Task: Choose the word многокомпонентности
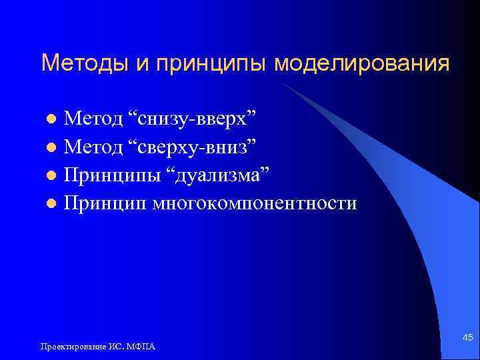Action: point(255,203)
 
